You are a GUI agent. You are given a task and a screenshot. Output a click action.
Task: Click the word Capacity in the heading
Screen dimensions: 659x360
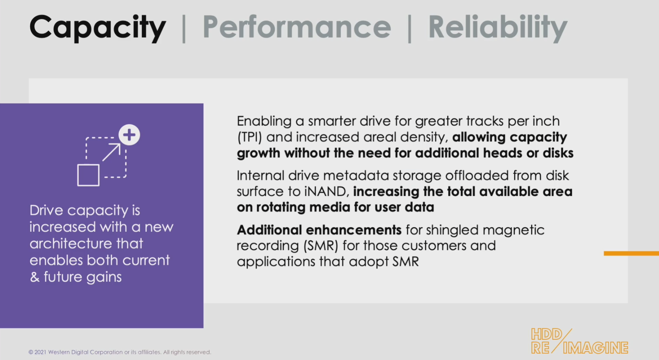click(97, 27)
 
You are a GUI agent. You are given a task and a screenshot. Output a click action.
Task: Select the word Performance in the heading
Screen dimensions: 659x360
click(297, 27)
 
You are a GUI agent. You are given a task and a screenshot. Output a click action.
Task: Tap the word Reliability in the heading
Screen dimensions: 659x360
click(498, 27)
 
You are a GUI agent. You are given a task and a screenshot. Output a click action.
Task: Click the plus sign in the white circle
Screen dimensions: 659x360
click(129, 135)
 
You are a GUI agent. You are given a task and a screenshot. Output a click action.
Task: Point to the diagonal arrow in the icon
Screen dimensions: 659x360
click(111, 152)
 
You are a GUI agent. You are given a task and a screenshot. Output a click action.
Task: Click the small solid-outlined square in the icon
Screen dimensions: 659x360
click(88, 175)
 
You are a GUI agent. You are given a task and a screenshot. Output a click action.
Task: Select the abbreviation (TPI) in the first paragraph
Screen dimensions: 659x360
click(249, 137)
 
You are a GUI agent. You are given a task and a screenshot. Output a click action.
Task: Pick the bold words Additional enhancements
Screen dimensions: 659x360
click(319, 230)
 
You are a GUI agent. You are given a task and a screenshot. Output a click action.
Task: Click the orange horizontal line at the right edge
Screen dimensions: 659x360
click(631, 253)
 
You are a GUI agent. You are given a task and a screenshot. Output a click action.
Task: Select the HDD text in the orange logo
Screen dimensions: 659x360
click(546, 334)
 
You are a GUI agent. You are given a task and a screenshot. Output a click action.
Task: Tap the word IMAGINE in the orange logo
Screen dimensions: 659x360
click(596, 348)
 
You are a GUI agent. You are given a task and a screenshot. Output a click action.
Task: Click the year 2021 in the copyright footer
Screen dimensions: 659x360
click(40, 352)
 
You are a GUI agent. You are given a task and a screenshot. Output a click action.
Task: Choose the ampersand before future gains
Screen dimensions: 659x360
click(35, 277)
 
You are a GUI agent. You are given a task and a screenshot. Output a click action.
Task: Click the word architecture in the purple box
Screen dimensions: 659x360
click(86, 244)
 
